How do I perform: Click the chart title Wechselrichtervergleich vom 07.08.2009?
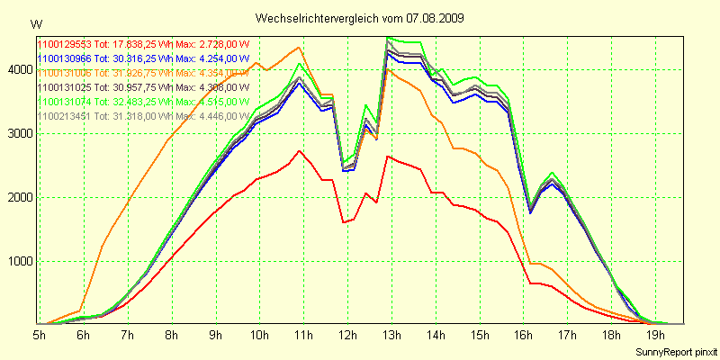[x=359, y=17]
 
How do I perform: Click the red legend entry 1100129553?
[x=143, y=44]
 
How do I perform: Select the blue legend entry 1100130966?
[x=143, y=58]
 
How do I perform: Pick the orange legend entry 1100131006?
[x=143, y=73]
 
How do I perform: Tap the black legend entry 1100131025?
[x=143, y=87]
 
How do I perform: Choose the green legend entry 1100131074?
[x=143, y=102]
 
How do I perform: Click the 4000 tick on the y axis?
[x=19, y=68]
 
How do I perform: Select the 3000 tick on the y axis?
[x=19, y=133]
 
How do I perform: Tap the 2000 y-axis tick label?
[x=19, y=197]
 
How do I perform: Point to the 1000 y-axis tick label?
[x=19, y=262]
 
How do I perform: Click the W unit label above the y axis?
[x=36, y=22]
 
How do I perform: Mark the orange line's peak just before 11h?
[x=299, y=48]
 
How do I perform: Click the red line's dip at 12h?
[x=344, y=222]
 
